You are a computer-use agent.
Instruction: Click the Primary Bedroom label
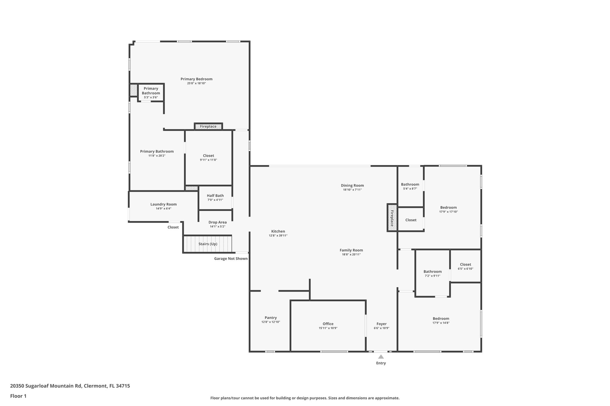(196, 79)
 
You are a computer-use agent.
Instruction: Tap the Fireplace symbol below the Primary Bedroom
(208, 126)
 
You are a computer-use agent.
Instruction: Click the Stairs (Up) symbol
(208, 244)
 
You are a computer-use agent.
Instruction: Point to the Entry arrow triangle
(381, 357)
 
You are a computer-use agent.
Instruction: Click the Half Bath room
(215, 197)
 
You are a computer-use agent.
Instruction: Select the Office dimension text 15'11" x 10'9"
(328, 328)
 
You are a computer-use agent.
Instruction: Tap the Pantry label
(270, 318)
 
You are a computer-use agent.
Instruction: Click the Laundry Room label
(163, 204)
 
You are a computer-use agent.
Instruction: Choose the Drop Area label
(217, 222)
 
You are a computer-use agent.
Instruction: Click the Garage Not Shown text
(231, 258)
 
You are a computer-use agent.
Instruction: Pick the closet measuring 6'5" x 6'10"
(465, 266)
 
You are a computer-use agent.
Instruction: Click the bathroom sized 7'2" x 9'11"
(432, 273)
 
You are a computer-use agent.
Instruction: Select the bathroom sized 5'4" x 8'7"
(410, 186)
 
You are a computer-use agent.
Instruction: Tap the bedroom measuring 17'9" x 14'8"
(441, 320)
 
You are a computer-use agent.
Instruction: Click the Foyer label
(382, 324)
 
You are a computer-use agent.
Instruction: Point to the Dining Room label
(352, 185)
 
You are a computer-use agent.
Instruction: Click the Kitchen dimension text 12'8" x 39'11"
(278, 236)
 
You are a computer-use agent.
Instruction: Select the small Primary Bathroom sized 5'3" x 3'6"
(151, 93)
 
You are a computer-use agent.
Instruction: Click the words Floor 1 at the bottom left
(18, 396)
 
